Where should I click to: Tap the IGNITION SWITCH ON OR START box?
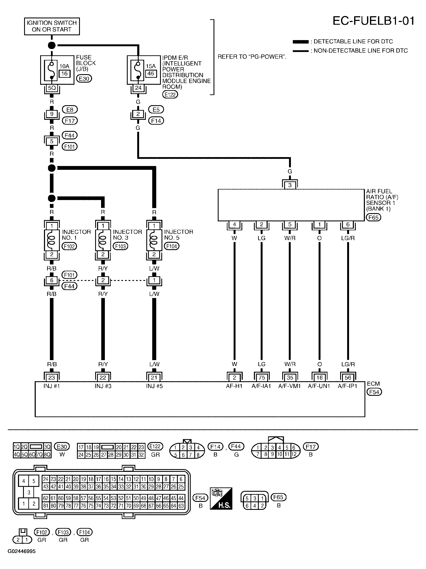[x=52, y=26]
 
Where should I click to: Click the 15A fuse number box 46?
[x=150, y=74]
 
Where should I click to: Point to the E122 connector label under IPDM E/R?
[x=170, y=95]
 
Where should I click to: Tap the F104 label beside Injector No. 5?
[x=171, y=246]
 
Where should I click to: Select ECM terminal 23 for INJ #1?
[x=52, y=377]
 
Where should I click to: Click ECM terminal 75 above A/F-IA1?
[x=262, y=377]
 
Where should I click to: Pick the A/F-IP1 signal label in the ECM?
[x=347, y=386]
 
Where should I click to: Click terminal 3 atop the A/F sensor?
[x=290, y=185]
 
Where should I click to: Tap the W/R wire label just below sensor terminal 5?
[x=290, y=238]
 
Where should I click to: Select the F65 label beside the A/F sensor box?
[x=373, y=218]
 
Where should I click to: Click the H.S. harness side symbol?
[x=221, y=498]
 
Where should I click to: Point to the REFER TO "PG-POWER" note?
[x=252, y=57]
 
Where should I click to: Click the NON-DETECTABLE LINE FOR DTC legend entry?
[x=360, y=51]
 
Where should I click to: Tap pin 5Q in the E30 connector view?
[x=25, y=455]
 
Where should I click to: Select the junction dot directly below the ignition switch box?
[x=52, y=46]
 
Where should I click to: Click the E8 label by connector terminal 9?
[x=70, y=110]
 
